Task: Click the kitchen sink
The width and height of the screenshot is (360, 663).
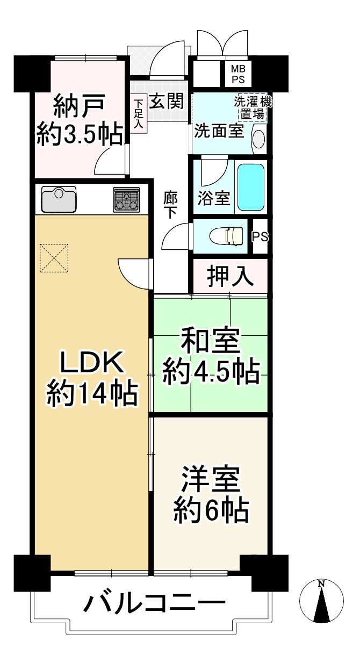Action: (x=59, y=199)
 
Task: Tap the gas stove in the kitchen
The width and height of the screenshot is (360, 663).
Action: (x=126, y=199)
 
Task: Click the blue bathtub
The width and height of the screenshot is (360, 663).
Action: (x=251, y=187)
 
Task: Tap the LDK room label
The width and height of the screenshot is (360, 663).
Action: (x=92, y=364)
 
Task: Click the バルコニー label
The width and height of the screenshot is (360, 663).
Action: (x=153, y=605)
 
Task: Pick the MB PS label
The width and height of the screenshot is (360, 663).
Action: (x=237, y=73)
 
